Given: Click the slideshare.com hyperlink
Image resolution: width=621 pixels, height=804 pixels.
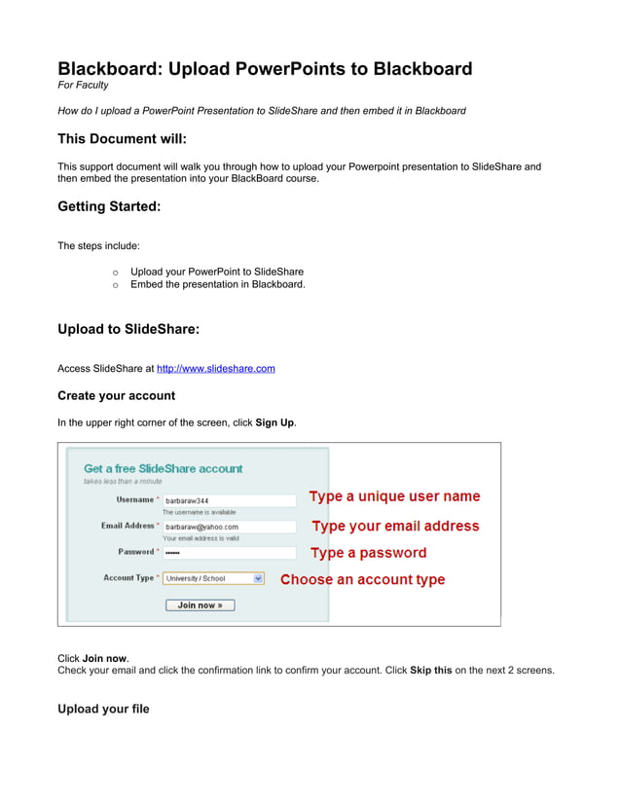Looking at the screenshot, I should click(x=215, y=369).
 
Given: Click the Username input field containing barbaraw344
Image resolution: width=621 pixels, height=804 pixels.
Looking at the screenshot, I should click(x=229, y=500).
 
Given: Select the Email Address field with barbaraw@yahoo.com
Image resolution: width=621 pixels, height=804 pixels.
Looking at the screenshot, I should click(x=229, y=527).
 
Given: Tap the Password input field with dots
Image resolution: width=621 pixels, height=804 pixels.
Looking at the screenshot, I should click(x=229, y=553).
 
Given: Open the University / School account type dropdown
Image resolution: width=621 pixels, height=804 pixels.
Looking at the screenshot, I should click(x=213, y=578).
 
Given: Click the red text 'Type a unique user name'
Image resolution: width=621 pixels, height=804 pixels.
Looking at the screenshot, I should click(x=394, y=496).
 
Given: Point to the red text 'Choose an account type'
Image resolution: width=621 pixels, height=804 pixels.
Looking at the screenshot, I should click(x=362, y=579).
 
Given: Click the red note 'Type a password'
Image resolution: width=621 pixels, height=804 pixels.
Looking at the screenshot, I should click(x=368, y=553).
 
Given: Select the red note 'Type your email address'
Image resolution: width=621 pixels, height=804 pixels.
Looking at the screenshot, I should click(x=395, y=526).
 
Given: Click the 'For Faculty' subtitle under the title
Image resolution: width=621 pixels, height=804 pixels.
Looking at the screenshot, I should click(x=83, y=86).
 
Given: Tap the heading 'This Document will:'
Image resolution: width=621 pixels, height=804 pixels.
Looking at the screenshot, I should click(x=122, y=139).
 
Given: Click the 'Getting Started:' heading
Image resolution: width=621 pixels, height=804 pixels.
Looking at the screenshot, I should click(x=109, y=206).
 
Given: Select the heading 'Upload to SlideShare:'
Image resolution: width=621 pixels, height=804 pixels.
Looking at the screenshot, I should click(x=128, y=329).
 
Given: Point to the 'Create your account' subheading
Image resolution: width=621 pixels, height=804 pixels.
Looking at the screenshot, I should click(x=116, y=396).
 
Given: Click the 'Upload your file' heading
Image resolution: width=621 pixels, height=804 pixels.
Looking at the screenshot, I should click(x=103, y=710).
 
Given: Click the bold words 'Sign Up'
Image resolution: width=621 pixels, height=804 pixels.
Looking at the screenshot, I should click(x=274, y=422).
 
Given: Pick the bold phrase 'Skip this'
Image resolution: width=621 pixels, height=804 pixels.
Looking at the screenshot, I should click(x=430, y=670).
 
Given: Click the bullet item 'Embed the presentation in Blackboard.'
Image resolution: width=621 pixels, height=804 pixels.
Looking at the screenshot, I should click(x=217, y=284).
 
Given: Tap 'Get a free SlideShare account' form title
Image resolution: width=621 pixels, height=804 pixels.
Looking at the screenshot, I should click(x=164, y=468).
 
